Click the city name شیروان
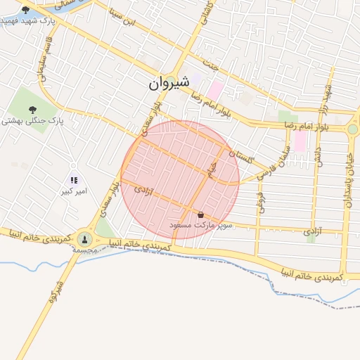coord(169,82)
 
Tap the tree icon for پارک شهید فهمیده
coord(26,10)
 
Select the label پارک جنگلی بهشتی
coord(32,121)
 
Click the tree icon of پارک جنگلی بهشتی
coord(32,108)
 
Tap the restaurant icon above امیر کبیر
coord(74,181)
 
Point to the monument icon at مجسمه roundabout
coord(85,239)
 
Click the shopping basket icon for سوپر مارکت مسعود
coord(201,214)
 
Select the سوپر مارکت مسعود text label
coord(197,225)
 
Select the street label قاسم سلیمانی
coord(40,70)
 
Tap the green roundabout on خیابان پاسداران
coord(352,129)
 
